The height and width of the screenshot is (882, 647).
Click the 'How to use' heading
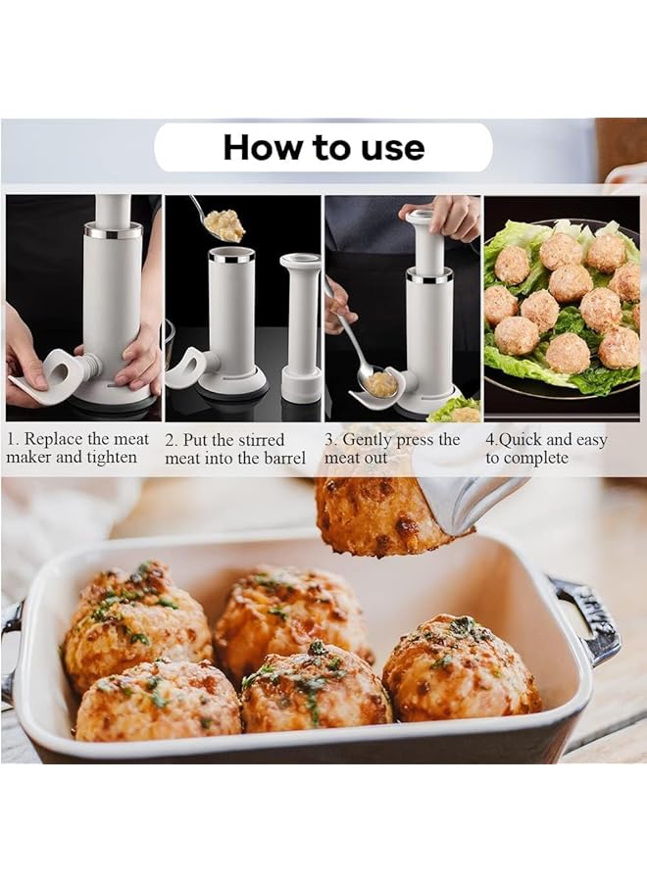(x=323, y=147)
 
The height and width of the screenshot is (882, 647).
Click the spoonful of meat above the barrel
(x=225, y=222)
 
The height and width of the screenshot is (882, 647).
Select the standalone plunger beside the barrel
(x=299, y=323)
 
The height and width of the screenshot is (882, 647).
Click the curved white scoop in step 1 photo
(x=50, y=372)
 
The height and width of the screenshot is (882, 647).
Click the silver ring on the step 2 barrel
(x=231, y=258)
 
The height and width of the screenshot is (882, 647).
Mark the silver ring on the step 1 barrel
(x=113, y=229)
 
